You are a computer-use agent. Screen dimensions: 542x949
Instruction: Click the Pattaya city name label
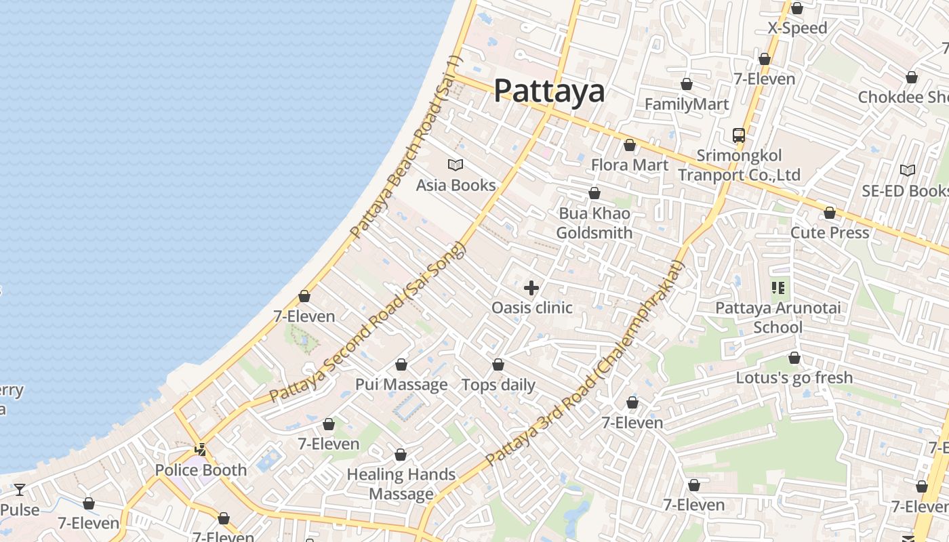[x=549, y=91]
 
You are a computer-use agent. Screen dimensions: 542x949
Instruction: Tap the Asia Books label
[x=456, y=185]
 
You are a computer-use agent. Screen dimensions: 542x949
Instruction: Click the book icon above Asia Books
[x=456, y=165]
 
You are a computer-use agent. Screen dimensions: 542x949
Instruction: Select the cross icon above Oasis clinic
[x=531, y=288]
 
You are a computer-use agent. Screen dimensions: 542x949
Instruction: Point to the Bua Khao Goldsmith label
[x=594, y=223]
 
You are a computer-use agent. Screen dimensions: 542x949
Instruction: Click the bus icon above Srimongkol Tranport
[x=739, y=135]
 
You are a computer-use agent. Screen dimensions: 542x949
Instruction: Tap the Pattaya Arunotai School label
[x=778, y=318]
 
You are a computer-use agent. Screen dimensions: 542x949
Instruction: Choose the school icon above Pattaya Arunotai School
[x=778, y=288]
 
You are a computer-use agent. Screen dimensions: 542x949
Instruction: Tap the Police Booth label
[x=201, y=470]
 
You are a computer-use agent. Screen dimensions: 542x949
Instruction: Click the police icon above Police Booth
[x=201, y=449]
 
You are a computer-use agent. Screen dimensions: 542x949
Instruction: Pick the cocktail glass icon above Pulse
[x=20, y=489]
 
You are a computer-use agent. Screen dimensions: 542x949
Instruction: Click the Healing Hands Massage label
[x=401, y=484]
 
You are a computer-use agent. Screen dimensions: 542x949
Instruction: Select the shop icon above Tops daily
[x=498, y=365]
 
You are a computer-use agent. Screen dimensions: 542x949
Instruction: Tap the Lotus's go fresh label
[x=794, y=377]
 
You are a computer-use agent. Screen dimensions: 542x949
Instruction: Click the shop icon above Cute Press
[x=830, y=213]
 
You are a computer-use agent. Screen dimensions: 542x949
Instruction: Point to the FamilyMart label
[x=687, y=104]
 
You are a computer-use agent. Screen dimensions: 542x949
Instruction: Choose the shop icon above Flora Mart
[x=630, y=145]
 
